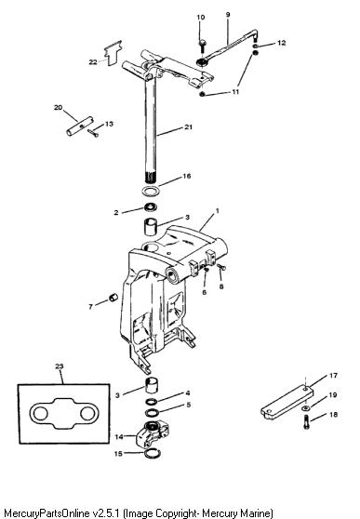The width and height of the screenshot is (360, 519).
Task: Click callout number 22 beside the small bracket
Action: (x=93, y=62)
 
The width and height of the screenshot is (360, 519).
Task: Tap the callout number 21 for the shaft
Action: (x=189, y=126)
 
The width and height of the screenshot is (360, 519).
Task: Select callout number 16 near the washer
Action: (x=187, y=176)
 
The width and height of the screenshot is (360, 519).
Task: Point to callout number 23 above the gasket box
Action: (x=60, y=366)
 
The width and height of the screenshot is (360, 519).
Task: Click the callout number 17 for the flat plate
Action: (x=333, y=376)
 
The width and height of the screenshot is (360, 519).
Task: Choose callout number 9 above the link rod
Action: (x=228, y=15)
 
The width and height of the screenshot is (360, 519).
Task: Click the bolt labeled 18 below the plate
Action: (x=306, y=421)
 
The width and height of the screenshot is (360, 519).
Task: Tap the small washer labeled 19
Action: (x=306, y=408)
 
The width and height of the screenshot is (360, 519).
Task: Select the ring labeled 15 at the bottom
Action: (x=153, y=453)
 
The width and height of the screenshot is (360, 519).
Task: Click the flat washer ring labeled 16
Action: (x=150, y=191)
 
